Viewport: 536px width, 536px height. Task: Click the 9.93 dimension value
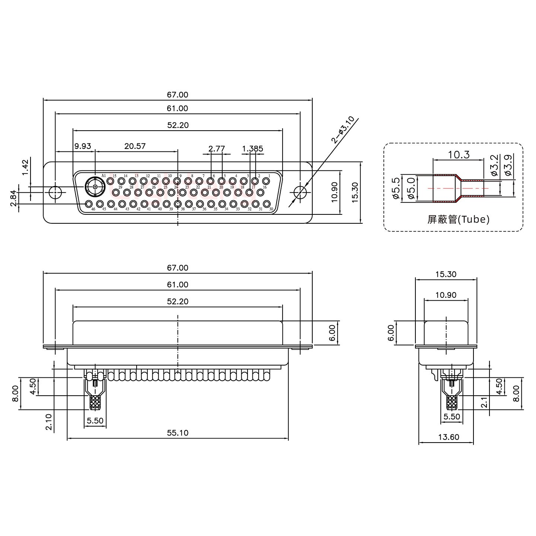[82, 146]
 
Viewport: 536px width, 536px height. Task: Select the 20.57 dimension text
[135, 146]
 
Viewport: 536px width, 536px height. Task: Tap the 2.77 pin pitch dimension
[217, 149]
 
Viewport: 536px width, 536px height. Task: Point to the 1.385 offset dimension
[253, 149]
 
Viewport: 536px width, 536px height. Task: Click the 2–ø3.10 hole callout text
[342, 130]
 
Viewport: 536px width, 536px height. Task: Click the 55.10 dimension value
[178, 433]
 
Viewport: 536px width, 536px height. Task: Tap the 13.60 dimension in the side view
[449, 437]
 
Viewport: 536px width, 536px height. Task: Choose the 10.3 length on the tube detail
[459, 154]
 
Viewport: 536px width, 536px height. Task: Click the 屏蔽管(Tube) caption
[458, 220]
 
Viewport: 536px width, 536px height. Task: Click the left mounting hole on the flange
[55, 192]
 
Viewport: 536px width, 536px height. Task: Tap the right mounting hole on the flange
[300, 192]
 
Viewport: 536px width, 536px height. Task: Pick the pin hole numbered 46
[89, 204]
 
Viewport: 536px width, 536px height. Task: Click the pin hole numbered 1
[266, 181]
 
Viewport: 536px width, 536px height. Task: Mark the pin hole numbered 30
[267, 204]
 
